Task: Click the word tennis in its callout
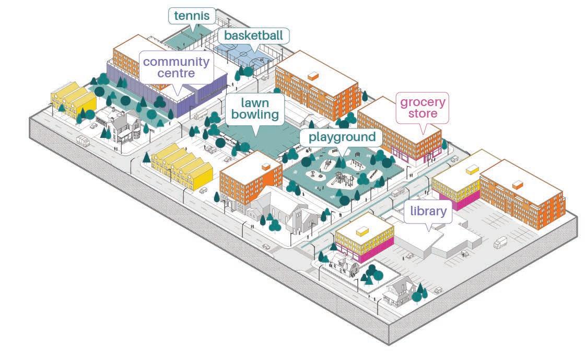click(192, 16)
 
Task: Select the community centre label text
click(176, 67)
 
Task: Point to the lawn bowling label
click(254, 109)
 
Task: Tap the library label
click(428, 212)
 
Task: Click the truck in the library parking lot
click(500, 242)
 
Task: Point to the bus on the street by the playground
click(398, 192)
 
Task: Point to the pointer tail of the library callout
click(429, 228)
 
